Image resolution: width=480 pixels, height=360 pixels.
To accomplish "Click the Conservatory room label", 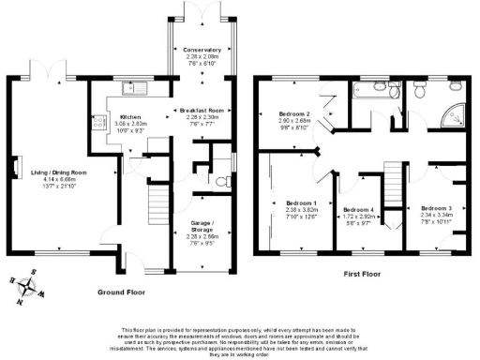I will pyautogui.click(x=202, y=50).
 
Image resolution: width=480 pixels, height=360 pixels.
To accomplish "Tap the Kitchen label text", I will pyautogui.click(x=129, y=116).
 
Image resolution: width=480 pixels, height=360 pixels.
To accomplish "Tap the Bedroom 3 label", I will pyautogui.click(x=436, y=207).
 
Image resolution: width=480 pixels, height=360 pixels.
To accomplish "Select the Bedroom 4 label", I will pyautogui.click(x=360, y=209).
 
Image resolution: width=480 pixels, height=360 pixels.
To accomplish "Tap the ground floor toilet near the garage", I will pyautogui.click(x=221, y=181).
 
